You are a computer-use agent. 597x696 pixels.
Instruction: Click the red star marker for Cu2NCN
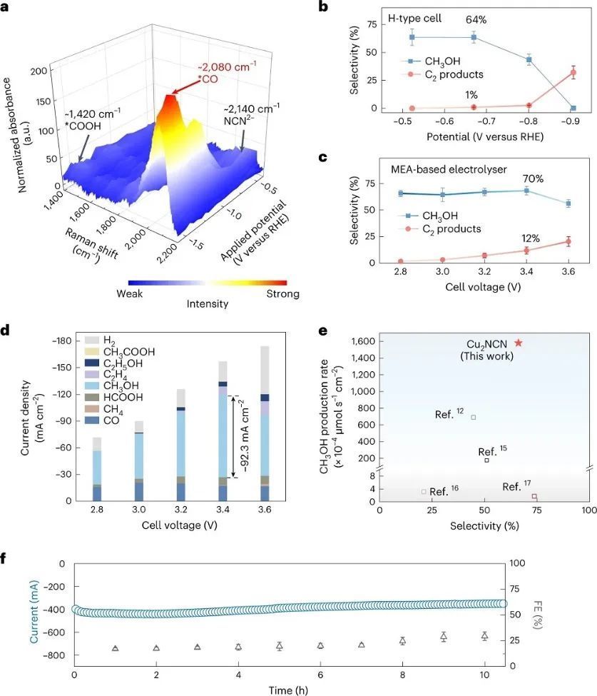(x=518, y=343)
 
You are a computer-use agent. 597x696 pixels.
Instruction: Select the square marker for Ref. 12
(x=473, y=417)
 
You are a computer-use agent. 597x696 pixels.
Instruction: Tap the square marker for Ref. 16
(x=424, y=491)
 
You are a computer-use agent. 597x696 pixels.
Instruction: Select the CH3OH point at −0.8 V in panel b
(x=529, y=59)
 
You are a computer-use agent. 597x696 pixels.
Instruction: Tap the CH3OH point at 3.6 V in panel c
(x=568, y=203)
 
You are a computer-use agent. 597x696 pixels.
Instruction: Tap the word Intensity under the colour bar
(x=207, y=303)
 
